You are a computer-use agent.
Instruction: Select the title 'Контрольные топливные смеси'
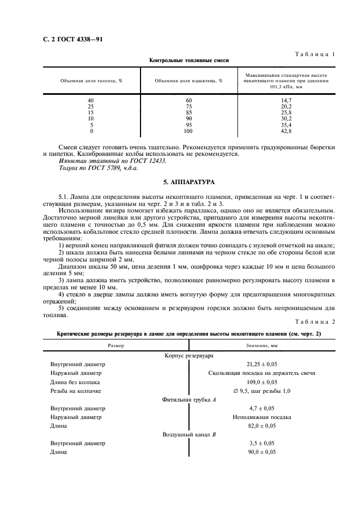tap(189, 61)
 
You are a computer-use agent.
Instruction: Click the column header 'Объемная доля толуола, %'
tap(91, 80)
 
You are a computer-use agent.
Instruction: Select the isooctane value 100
tap(188, 131)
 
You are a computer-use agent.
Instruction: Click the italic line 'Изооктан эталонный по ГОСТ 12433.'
tap(113, 161)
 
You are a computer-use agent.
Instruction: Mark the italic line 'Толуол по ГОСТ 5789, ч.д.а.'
tap(99, 168)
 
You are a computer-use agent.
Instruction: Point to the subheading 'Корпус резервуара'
tap(189, 355)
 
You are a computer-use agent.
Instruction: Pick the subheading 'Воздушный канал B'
tap(189, 435)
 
